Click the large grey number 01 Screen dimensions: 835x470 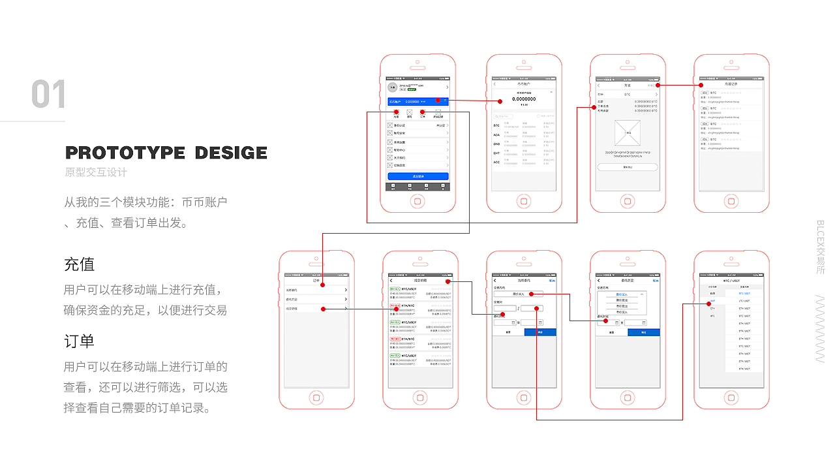(49, 95)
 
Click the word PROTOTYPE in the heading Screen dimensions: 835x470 (125, 153)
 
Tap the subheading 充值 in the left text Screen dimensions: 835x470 (79, 264)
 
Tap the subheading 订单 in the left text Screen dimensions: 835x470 (79, 341)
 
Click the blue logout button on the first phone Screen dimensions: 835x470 (418, 176)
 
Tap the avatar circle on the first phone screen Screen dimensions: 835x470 (392, 87)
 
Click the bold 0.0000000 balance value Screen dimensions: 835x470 (524, 99)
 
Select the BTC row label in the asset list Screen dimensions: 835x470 (496, 125)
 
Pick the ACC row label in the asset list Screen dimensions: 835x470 (496, 162)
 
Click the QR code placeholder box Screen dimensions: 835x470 (628, 133)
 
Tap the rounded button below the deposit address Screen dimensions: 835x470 (628, 167)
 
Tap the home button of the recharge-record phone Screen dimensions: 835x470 (731, 200)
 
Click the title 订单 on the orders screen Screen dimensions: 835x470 (316, 281)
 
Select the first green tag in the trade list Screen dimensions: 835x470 (395, 288)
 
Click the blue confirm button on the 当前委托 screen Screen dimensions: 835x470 (540, 332)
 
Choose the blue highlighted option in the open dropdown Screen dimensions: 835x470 (622, 295)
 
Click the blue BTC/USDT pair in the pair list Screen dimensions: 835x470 (744, 294)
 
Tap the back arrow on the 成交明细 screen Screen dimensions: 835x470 (391, 281)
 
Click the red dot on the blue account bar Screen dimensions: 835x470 (438, 101)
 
